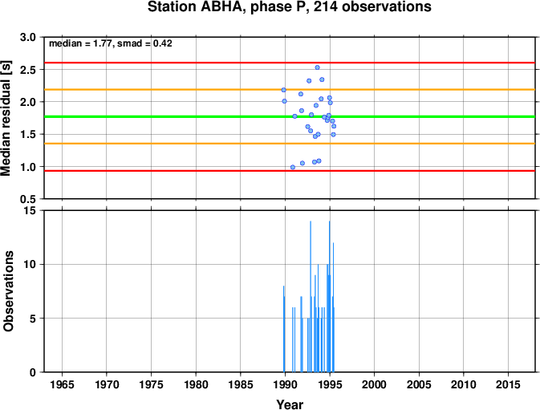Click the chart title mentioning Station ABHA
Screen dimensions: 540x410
tap(290, 7)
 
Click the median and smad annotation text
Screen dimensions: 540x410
tap(111, 43)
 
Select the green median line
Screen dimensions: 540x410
tap(290, 116)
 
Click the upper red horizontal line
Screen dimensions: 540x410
tap(290, 63)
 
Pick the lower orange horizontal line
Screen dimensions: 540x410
tap(290, 144)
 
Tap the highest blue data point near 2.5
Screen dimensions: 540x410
tap(318, 67)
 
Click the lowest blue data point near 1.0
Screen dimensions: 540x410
tap(293, 168)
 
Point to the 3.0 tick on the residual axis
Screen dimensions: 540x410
tap(28, 37)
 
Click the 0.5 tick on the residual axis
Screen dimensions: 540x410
tap(28, 199)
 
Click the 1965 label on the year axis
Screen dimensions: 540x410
tap(62, 384)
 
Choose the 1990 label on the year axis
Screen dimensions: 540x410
tap(285, 384)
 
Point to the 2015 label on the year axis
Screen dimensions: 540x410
tap(508, 384)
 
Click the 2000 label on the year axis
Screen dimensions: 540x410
tap(375, 384)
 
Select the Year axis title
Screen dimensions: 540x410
tap(290, 404)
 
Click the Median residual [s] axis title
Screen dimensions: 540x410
tap(6, 118)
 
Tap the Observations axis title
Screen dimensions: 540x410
tap(8, 291)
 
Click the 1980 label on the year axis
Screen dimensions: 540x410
tap(196, 384)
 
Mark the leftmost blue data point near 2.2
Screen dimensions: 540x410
tap(284, 90)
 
